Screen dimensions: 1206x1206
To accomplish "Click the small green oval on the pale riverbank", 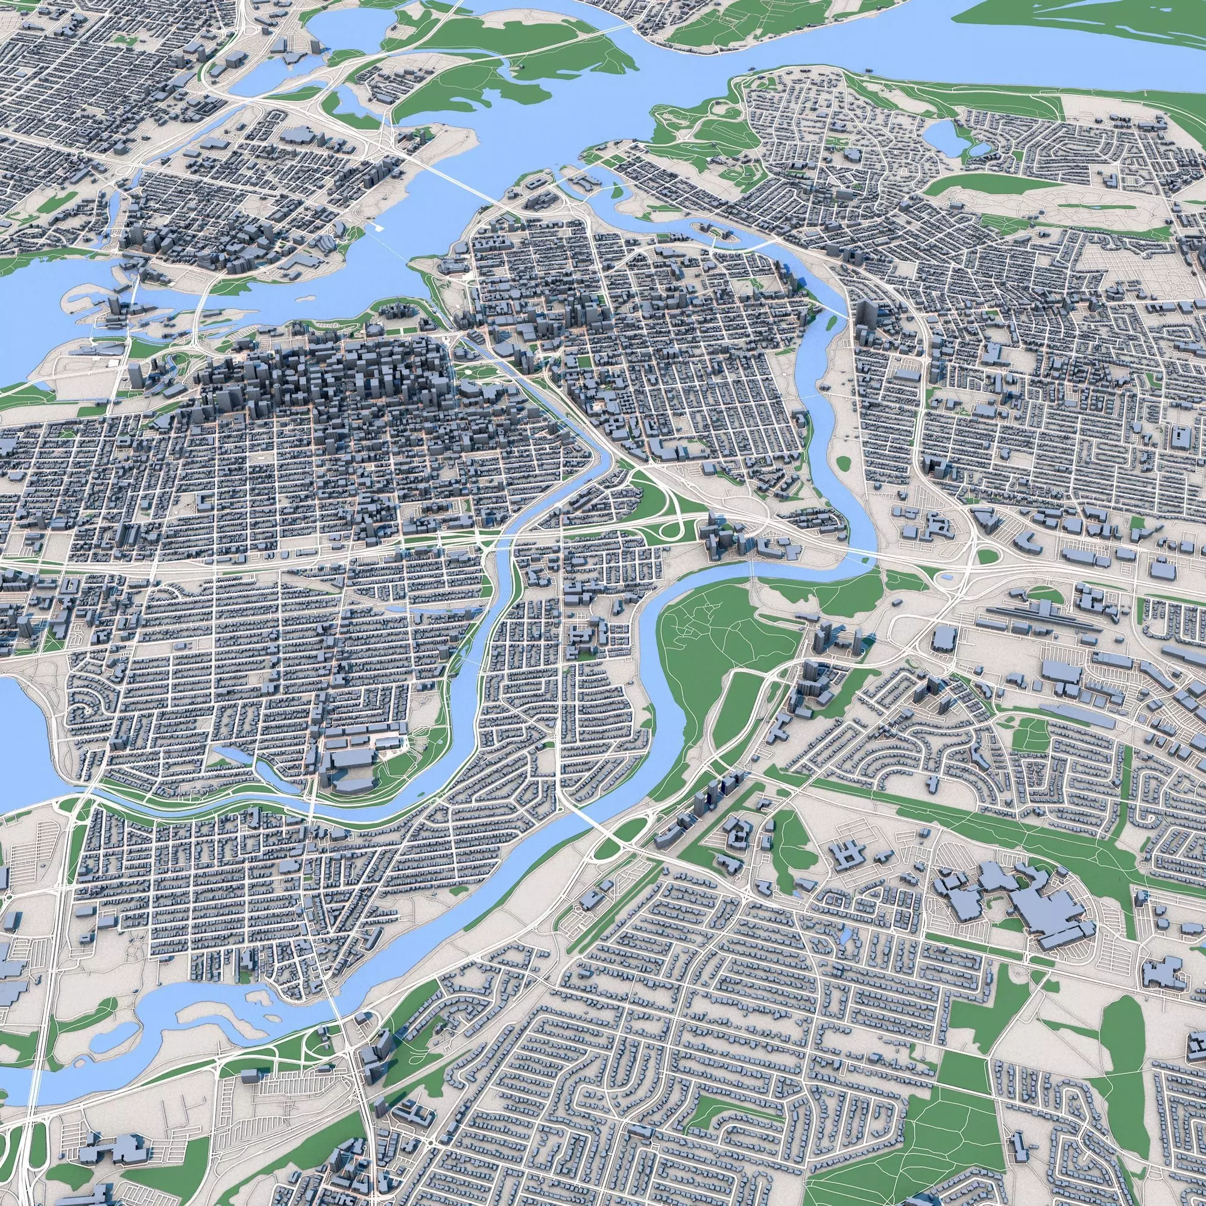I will click(844, 463).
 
